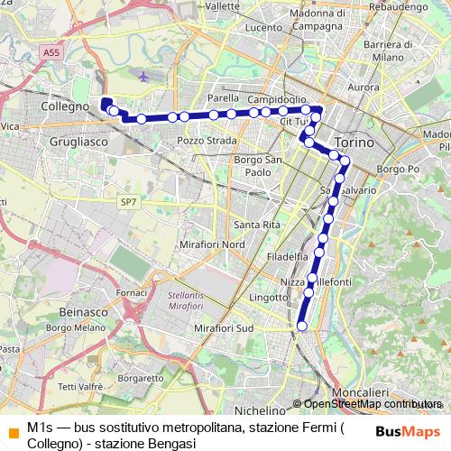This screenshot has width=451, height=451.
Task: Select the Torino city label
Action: point(351,143)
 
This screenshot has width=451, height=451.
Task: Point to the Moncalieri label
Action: point(359,392)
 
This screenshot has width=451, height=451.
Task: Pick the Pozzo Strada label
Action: point(207,141)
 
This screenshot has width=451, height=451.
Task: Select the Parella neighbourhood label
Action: point(223,97)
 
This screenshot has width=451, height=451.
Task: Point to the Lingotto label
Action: point(268,297)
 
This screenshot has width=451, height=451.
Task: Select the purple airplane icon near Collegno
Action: point(144,76)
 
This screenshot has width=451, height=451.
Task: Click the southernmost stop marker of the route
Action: point(302,326)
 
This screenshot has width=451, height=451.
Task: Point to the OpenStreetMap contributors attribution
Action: point(373,404)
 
